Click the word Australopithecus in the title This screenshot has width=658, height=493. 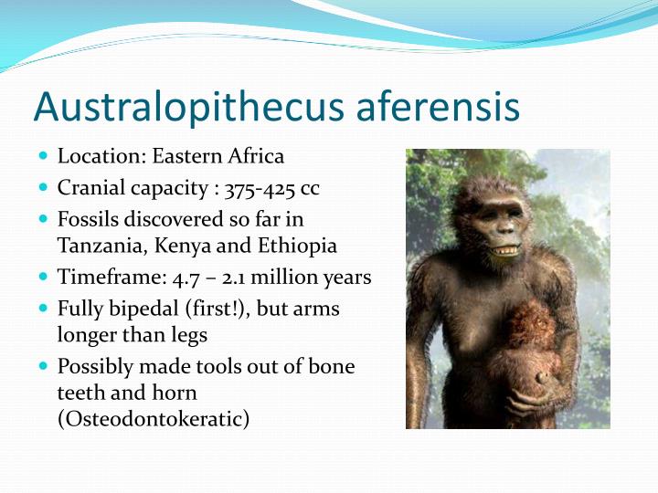pyautogui.click(x=175, y=107)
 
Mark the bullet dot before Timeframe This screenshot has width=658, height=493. pyautogui.click(x=43, y=277)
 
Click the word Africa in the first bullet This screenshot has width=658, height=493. pyautogui.click(x=255, y=156)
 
